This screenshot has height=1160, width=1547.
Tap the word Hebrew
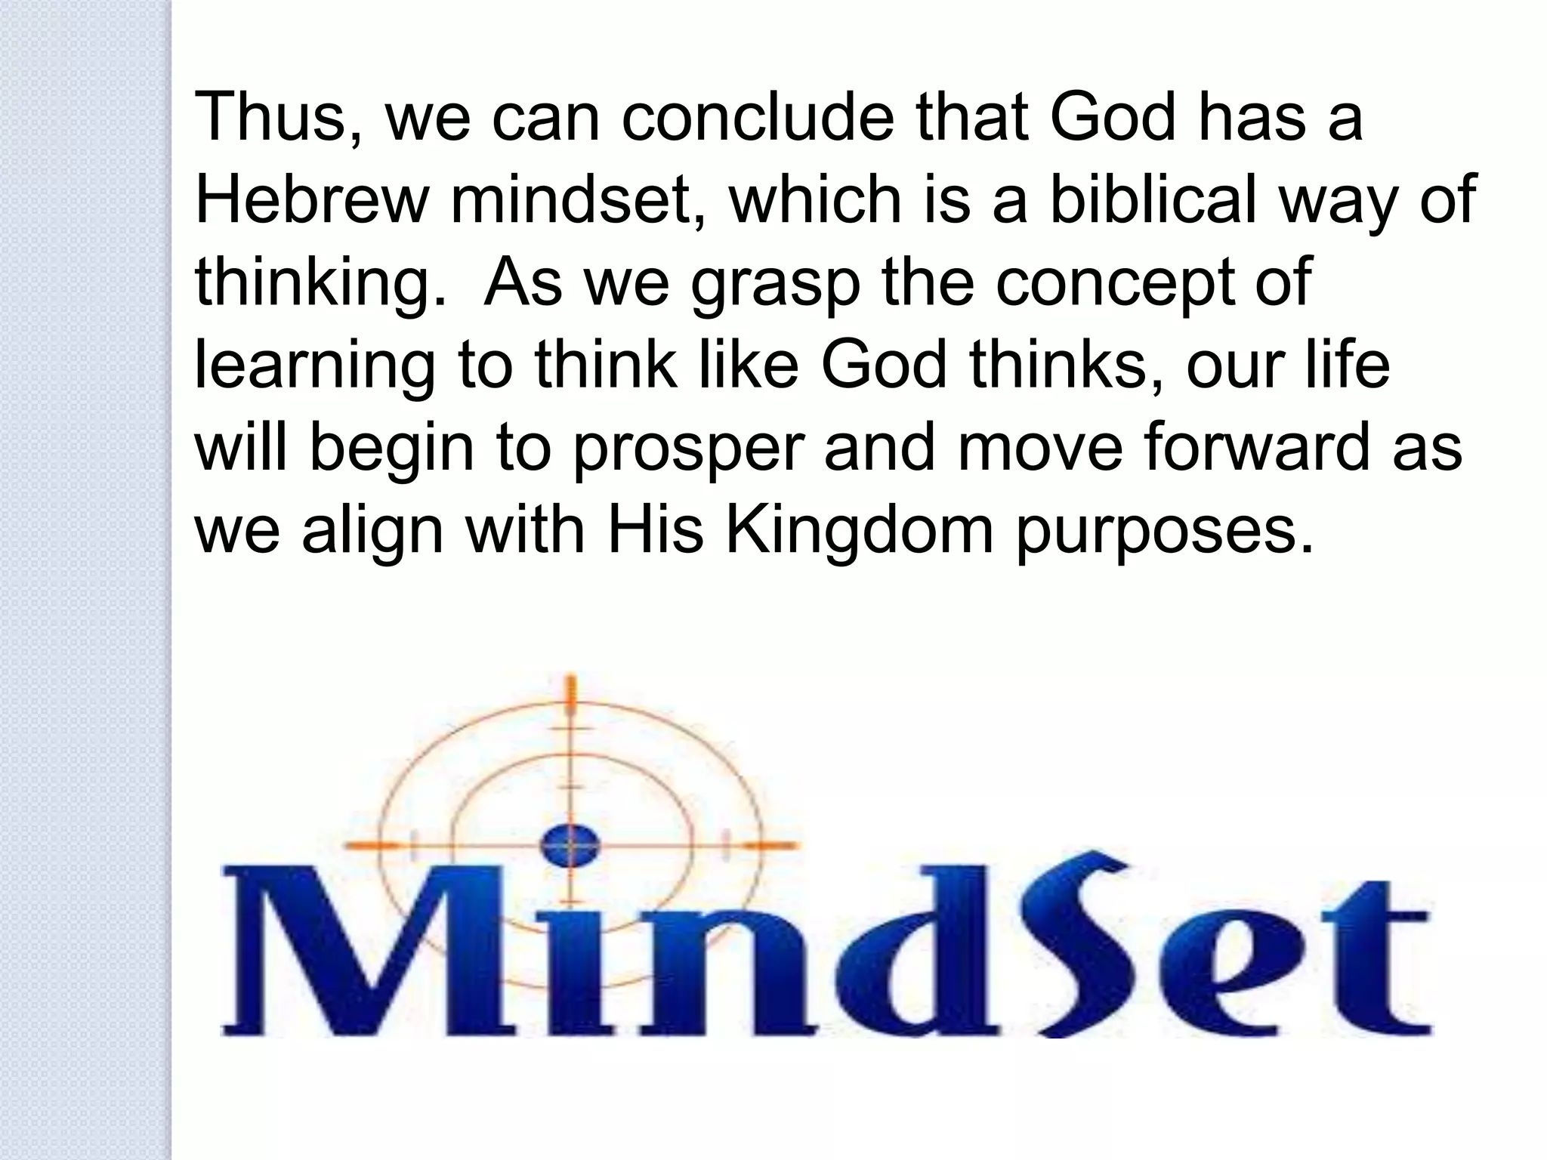(310, 200)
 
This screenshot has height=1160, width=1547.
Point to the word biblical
(1148, 200)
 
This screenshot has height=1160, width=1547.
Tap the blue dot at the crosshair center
(571, 843)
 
